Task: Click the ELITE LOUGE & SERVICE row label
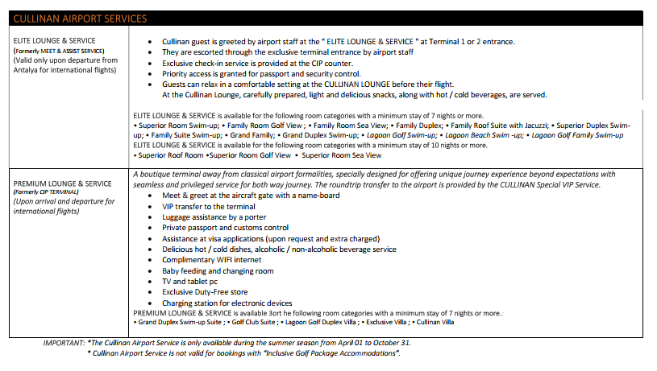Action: (x=54, y=40)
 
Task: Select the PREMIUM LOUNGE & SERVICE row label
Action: (x=63, y=183)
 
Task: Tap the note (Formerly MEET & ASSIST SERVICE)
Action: (x=59, y=51)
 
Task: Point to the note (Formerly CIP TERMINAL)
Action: (x=46, y=192)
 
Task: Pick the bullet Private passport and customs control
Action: (x=225, y=228)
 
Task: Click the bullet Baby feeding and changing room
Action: (x=218, y=271)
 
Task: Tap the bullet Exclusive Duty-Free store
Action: (x=205, y=292)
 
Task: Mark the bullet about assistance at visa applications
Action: (x=269, y=238)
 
